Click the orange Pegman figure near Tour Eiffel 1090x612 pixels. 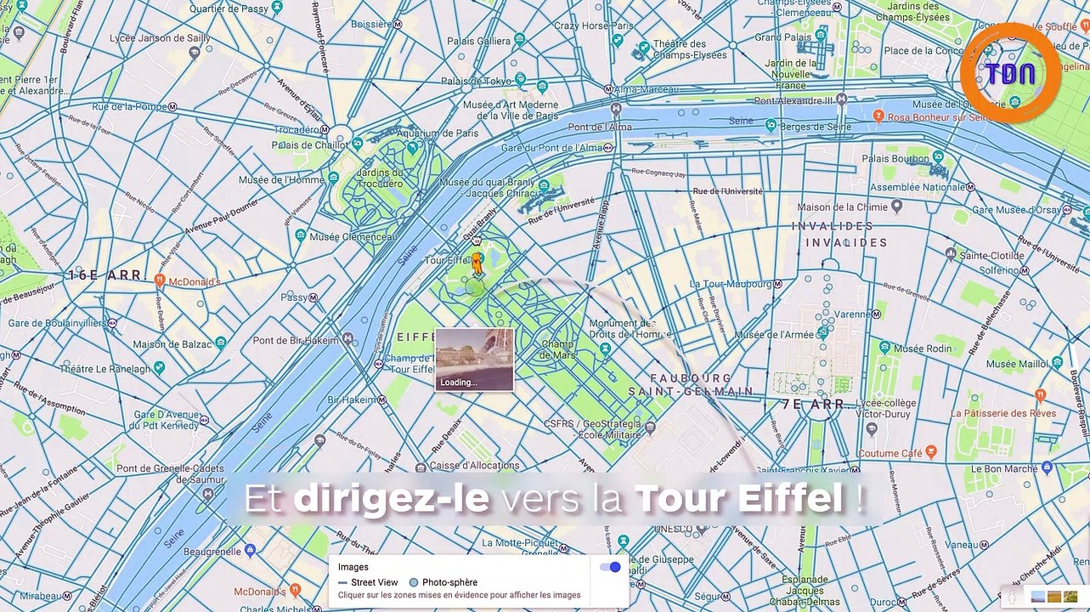[x=477, y=263]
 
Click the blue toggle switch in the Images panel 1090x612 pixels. [x=610, y=567]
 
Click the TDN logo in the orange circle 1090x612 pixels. [x=1010, y=73]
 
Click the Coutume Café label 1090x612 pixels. [x=890, y=453]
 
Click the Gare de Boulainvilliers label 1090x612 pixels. [x=58, y=323]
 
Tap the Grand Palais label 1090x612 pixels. [x=780, y=37]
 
